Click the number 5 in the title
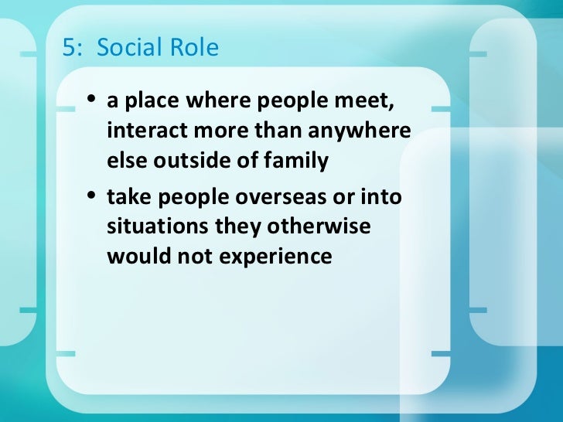tap(67, 49)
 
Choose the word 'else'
tap(125, 161)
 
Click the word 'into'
tap(381, 199)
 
